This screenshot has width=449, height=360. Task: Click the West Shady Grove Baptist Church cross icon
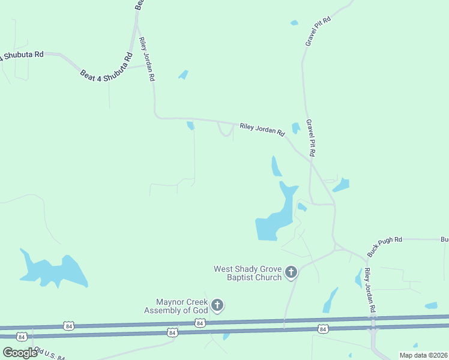point(291,273)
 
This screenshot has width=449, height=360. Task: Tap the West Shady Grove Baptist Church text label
point(248,273)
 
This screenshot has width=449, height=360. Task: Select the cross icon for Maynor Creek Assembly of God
point(217,306)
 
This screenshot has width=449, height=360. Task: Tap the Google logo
point(19,353)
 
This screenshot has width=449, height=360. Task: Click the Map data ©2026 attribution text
point(423,355)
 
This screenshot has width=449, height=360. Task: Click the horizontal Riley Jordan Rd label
point(262,129)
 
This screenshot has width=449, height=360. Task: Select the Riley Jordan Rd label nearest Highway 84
point(371,290)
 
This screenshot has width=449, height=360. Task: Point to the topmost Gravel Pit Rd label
point(318,32)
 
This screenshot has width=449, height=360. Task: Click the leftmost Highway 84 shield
point(22,336)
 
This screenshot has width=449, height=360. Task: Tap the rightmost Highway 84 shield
point(323,329)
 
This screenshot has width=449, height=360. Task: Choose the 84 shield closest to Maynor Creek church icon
point(200,323)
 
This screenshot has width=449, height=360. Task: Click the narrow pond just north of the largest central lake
point(276,166)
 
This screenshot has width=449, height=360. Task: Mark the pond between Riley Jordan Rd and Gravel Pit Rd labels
point(295,128)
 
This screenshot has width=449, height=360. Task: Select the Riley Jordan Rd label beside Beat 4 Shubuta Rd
point(148,59)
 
